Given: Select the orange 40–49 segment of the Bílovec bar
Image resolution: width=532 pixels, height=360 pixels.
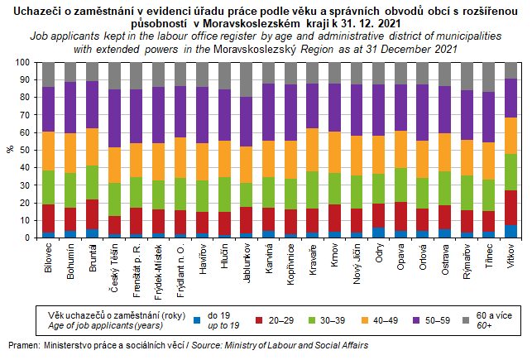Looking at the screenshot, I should [x=49, y=151].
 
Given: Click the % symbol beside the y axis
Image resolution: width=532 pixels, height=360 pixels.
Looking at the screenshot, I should [x=11, y=150].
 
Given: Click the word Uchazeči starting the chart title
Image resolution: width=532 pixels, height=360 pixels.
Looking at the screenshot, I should [x=30, y=10].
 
